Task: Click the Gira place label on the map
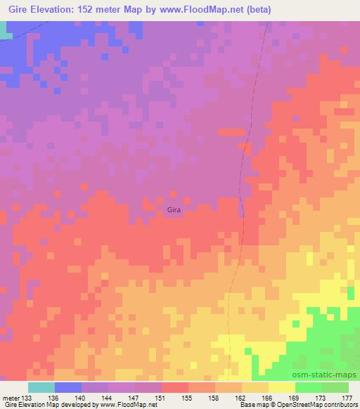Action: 174,209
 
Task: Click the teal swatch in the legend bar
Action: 41,387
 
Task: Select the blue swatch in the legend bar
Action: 68,387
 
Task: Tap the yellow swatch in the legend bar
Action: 281,387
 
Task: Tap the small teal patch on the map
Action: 5,30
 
